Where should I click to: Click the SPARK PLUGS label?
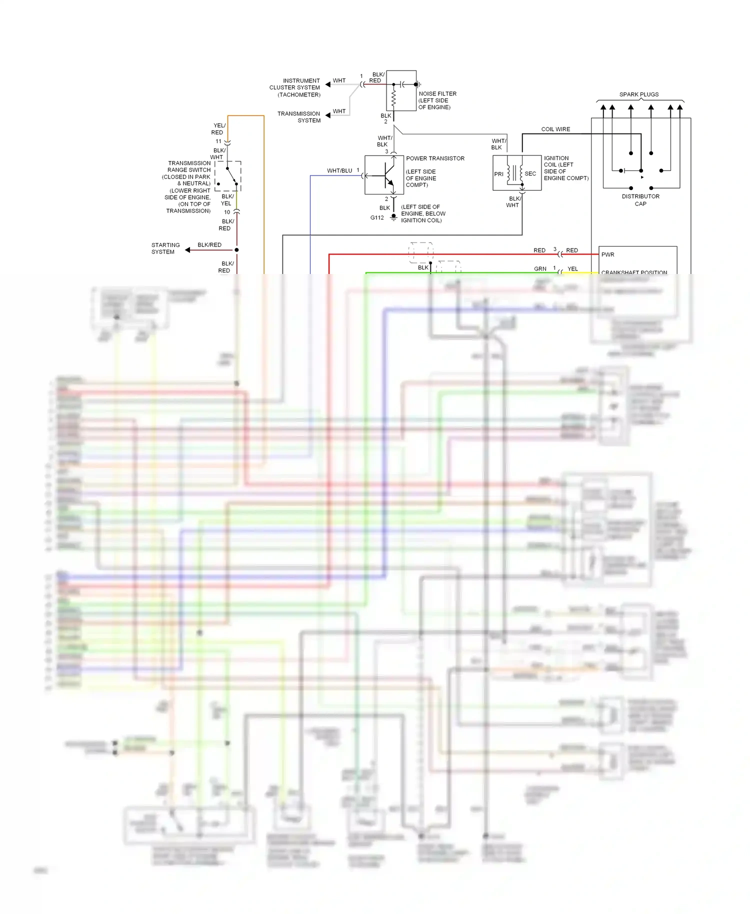(x=638, y=94)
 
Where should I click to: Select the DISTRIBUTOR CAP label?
(x=640, y=200)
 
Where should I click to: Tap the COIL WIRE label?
(x=555, y=129)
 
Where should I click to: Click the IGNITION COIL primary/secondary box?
(x=517, y=173)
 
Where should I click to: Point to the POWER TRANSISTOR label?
(x=435, y=158)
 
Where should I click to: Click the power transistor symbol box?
(x=384, y=175)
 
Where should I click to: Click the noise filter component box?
(x=401, y=90)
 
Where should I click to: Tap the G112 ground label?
(x=377, y=217)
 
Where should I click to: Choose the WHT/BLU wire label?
(x=339, y=170)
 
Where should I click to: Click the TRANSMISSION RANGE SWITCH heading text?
(x=189, y=166)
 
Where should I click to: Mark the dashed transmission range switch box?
(x=228, y=176)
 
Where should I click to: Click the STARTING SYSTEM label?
(x=165, y=248)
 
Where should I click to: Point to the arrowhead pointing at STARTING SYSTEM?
(x=187, y=250)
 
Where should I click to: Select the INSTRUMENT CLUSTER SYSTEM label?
(x=295, y=87)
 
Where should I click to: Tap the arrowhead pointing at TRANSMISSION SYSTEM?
(x=328, y=115)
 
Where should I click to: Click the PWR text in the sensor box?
(x=607, y=254)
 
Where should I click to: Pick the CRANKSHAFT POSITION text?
(x=634, y=272)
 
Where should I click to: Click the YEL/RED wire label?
(x=218, y=129)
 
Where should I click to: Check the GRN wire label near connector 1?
(x=540, y=268)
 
